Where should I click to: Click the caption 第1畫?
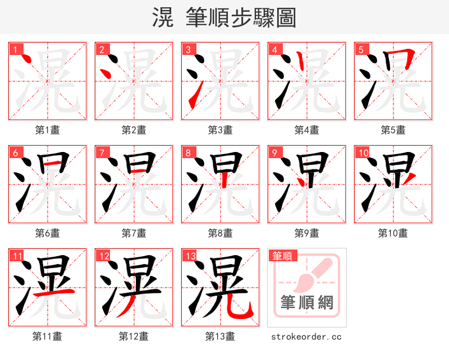coord(48,130)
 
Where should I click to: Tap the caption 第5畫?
coord(393,130)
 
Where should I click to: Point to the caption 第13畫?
coord(220,336)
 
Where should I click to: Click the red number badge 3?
coord(189,50)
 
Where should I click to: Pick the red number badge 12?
coord(104,256)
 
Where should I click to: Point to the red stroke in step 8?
coord(224,178)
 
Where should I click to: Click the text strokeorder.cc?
coord(306,336)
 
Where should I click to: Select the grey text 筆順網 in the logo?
coord(306,303)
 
